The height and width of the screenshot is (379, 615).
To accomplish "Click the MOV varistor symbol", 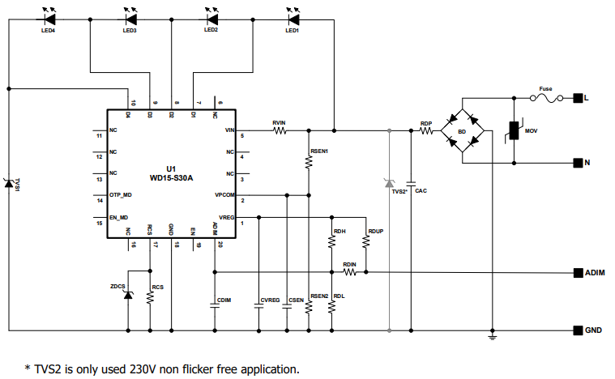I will pyautogui.click(x=513, y=130).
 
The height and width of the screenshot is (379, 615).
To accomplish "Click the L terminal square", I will pyautogui.click(x=578, y=98).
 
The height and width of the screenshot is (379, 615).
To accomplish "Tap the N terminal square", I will pyautogui.click(x=578, y=162).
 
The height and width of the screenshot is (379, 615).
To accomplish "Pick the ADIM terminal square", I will pyautogui.click(x=578, y=272).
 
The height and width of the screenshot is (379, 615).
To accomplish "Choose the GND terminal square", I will pyautogui.click(x=578, y=330).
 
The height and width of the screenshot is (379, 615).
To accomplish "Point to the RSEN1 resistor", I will pyautogui.click(x=309, y=162).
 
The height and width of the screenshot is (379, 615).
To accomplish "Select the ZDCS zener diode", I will pyautogui.click(x=128, y=296).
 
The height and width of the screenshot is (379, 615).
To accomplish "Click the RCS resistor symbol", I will pyautogui.click(x=150, y=297).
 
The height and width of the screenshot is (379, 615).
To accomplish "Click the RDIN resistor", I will pyautogui.click(x=349, y=272).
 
